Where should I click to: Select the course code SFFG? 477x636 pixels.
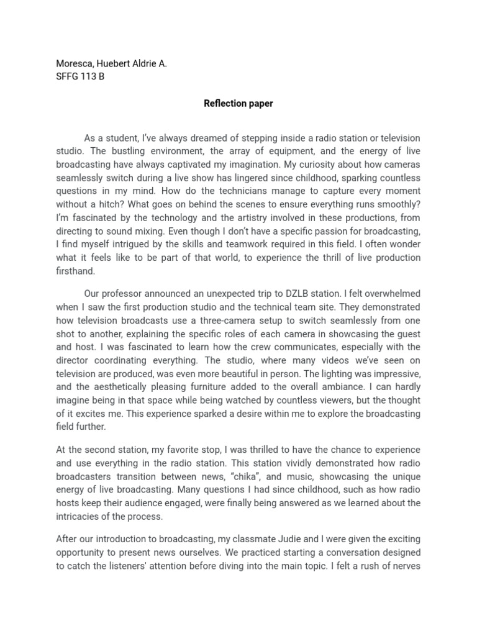[67, 77]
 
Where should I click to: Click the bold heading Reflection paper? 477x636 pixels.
[238, 104]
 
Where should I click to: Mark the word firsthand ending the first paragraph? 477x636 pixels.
[76, 271]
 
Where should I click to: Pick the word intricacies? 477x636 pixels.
[77, 516]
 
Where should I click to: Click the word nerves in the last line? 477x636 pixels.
[406, 565]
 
